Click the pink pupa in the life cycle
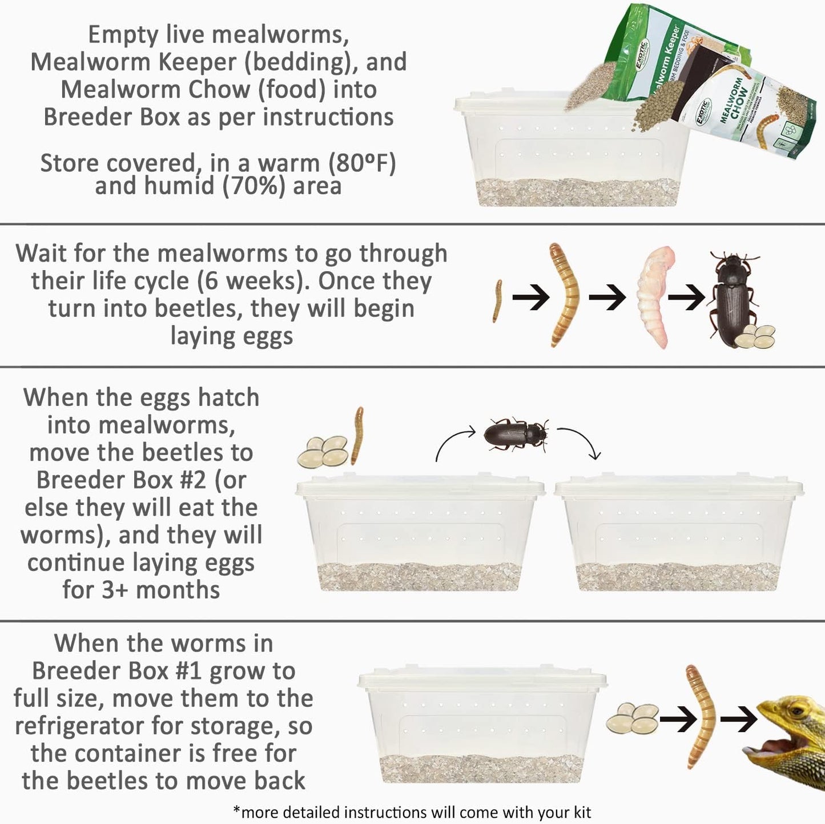pos(657,297)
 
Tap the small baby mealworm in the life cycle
pos(497,301)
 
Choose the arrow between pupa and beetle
pos(687,297)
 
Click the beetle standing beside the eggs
pos(733,297)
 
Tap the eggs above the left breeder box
pos(323,451)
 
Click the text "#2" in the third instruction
pos(192,480)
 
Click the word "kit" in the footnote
pos(581,812)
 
